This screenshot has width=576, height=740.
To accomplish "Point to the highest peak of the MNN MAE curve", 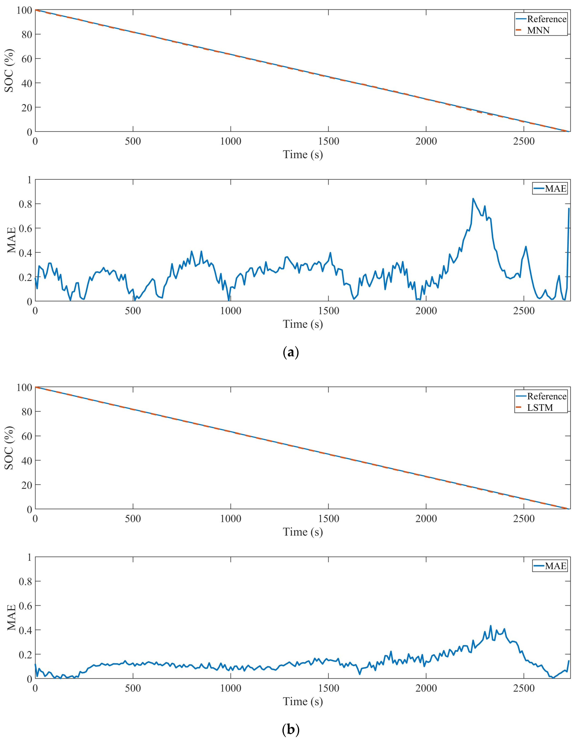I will (473, 198).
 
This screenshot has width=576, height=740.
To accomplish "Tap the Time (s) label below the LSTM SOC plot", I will (303, 532).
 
